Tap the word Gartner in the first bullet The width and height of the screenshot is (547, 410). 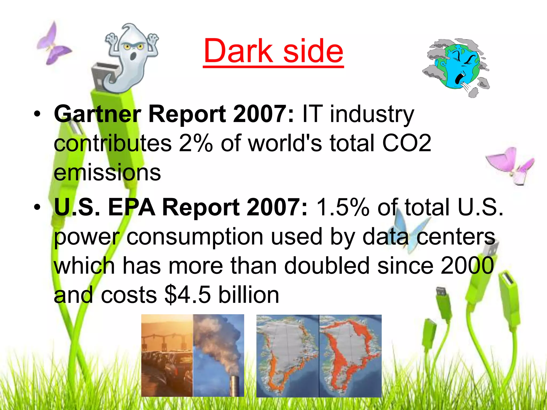(x=97, y=114)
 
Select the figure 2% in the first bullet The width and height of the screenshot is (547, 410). (x=196, y=143)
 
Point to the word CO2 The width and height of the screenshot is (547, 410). (x=407, y=143)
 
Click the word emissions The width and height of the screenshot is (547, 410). (x=107, y=172)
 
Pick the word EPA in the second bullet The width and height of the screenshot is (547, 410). (x=132, y=207)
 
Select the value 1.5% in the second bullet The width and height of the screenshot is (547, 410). (x=343, y=207)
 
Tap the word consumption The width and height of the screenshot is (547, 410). (x=195, y=237)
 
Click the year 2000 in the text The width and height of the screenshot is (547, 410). (x=467, y=266)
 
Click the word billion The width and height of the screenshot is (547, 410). (x=249, y=295)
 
